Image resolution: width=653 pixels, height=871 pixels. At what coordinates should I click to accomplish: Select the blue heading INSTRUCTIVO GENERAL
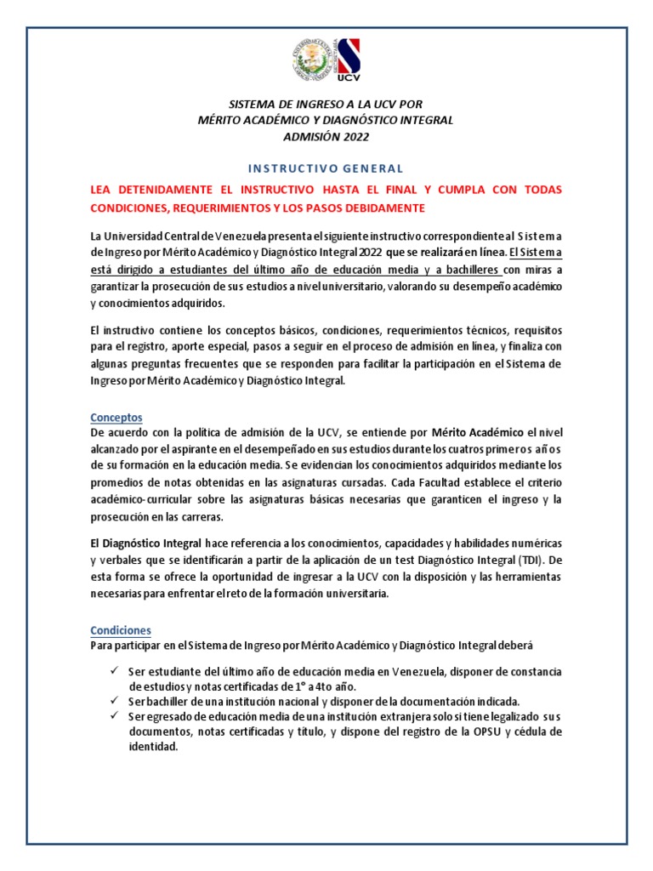326,168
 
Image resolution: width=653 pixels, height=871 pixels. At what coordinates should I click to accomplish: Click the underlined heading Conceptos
116,418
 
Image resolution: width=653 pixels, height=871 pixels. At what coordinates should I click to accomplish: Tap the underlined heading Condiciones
121,630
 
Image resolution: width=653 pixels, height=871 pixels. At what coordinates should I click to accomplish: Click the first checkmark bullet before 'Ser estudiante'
114,671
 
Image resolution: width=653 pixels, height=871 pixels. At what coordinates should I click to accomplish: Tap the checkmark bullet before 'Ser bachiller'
114,700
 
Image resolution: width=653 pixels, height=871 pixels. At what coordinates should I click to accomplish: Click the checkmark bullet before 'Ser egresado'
114,716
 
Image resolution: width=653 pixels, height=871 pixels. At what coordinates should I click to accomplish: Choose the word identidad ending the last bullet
153,747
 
